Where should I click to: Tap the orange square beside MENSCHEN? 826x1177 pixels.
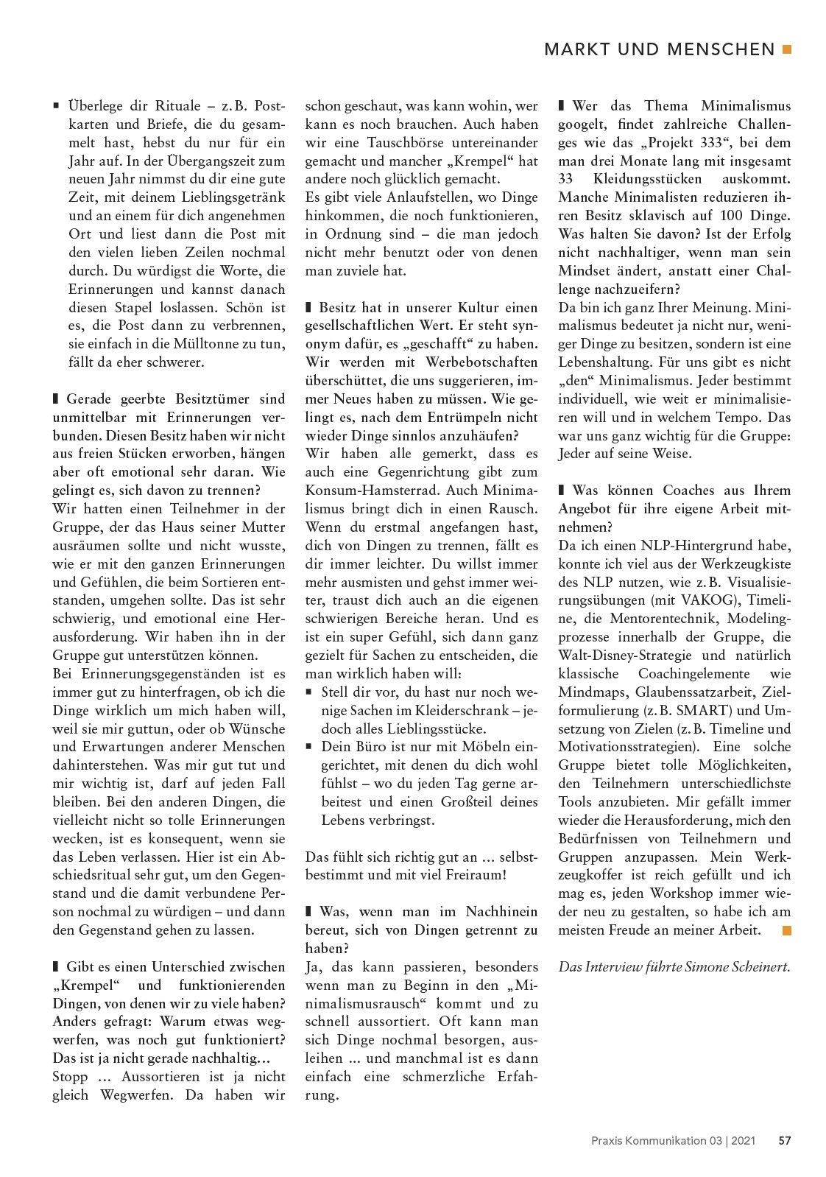[787, 49]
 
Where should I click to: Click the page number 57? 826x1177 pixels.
[785, 1140]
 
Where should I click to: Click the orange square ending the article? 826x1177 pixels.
[787, 930]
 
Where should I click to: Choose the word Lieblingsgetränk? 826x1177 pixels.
[233, 197]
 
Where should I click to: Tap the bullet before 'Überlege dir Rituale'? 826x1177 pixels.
[56, 106]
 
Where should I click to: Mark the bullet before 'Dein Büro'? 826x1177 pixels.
[309, 747]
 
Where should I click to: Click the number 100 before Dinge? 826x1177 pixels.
[732, 216]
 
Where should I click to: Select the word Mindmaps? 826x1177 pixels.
[593, 692]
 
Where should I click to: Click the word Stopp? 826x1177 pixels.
[70, 1077]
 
